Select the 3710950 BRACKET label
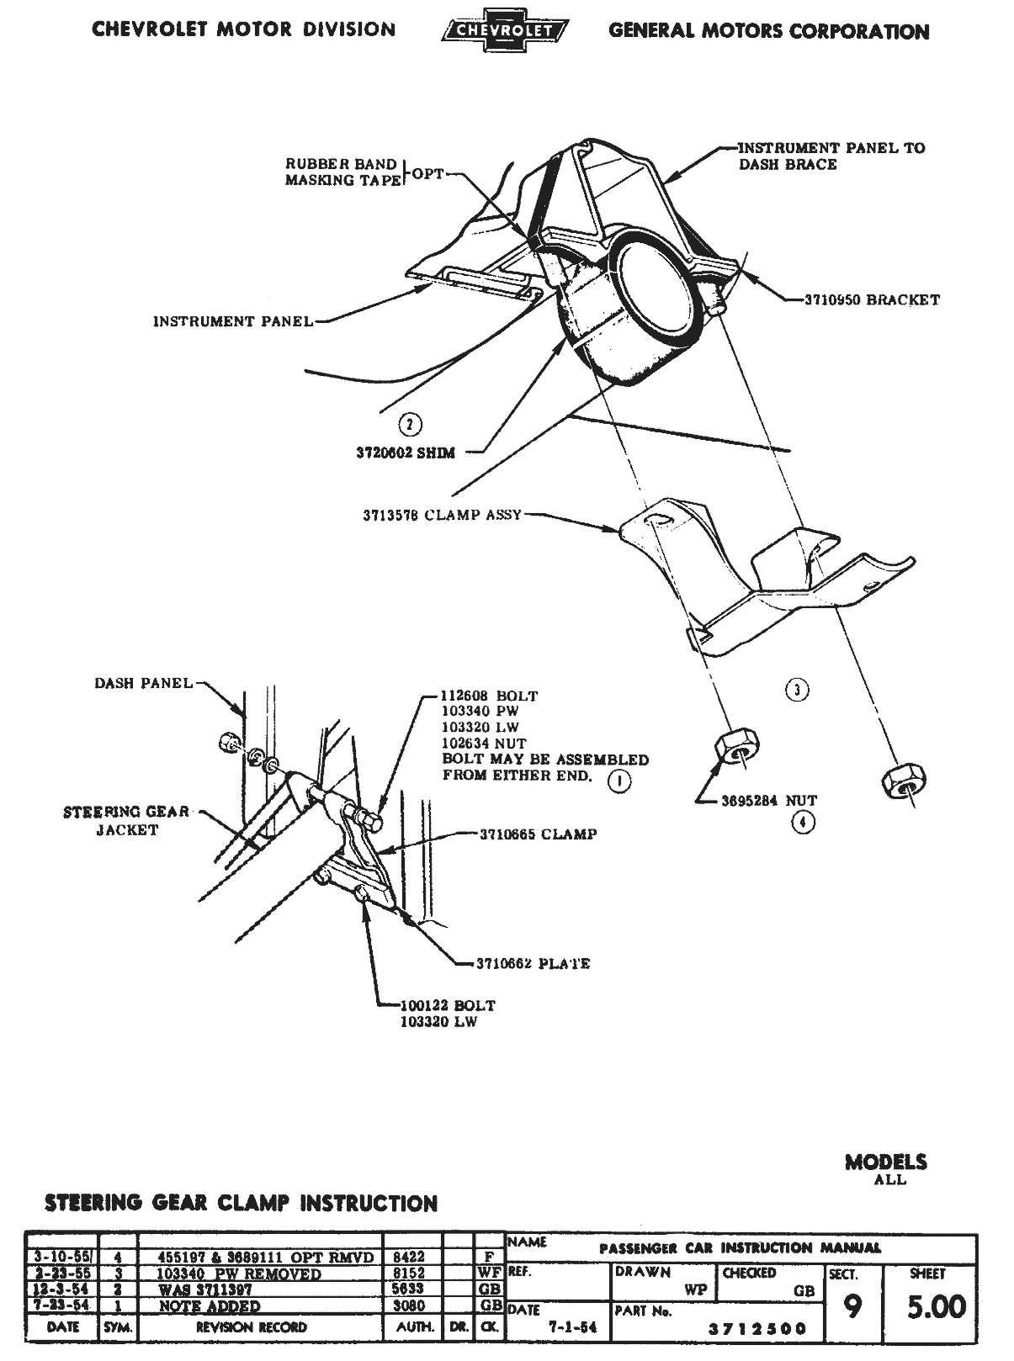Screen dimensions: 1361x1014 872,299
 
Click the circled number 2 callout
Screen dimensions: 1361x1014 410,424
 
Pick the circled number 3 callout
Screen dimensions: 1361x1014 796,691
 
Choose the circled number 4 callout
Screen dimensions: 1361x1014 803,823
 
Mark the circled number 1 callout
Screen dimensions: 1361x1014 619,781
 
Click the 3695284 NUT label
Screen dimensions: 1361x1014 768,801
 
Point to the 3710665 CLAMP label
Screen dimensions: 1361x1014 538,834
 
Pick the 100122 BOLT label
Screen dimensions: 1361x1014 449,1005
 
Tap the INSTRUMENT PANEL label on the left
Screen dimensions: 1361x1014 233,321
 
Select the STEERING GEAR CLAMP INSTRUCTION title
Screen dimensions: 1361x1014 241,1204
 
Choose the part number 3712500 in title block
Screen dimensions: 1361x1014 757,1329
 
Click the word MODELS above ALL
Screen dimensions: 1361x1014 885,1162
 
